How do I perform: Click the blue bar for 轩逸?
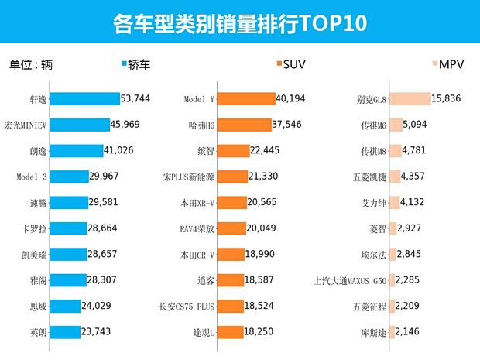[x=85, y=99]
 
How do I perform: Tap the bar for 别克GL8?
[x=410, y=99]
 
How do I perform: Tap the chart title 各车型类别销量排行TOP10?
[x=239, y=23]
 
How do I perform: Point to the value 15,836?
[x=452, y=99]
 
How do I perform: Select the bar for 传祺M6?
[x=396, y=125]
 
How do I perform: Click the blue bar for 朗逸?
[x=80, y=151]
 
